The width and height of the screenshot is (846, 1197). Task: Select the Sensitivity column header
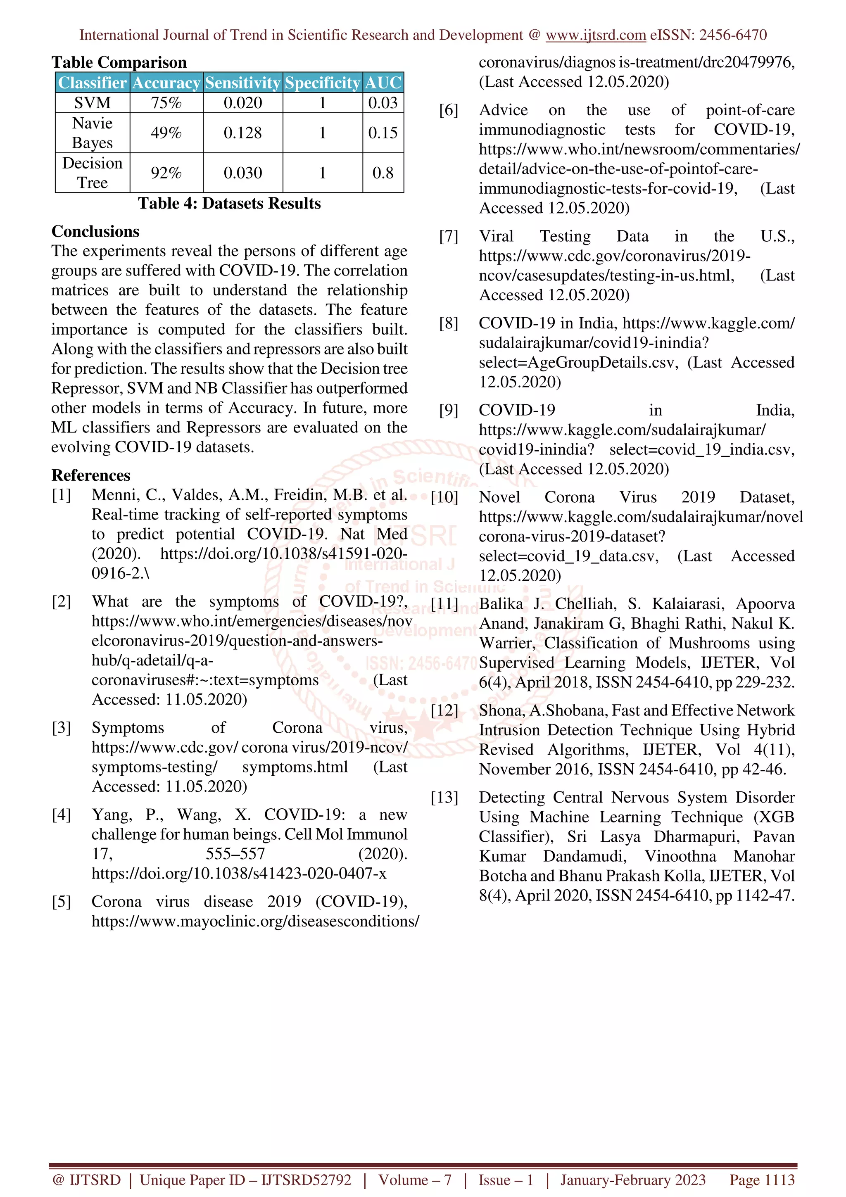tap(242, 82)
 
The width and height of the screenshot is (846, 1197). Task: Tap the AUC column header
tap(383, 82)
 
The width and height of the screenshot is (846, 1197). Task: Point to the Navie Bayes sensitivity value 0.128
tap(242, 133)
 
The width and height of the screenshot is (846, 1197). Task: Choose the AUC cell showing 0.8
tap(383, 173)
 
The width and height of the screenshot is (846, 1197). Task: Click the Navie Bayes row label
tap(92, 133)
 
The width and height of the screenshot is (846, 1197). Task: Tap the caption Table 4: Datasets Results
tap(229, 203)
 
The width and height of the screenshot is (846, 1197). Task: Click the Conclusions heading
tap(95, 231)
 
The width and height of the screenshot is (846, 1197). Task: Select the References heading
tap(91, 475)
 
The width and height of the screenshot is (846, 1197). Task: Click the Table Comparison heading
tap(119, 62)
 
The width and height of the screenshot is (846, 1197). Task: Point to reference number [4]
tap(61, 815)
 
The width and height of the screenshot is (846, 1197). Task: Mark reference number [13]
tap(444, 797)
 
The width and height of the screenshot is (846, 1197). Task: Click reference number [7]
tap(448, 236)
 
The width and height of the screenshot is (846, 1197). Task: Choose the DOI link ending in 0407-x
tap(239, 873)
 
